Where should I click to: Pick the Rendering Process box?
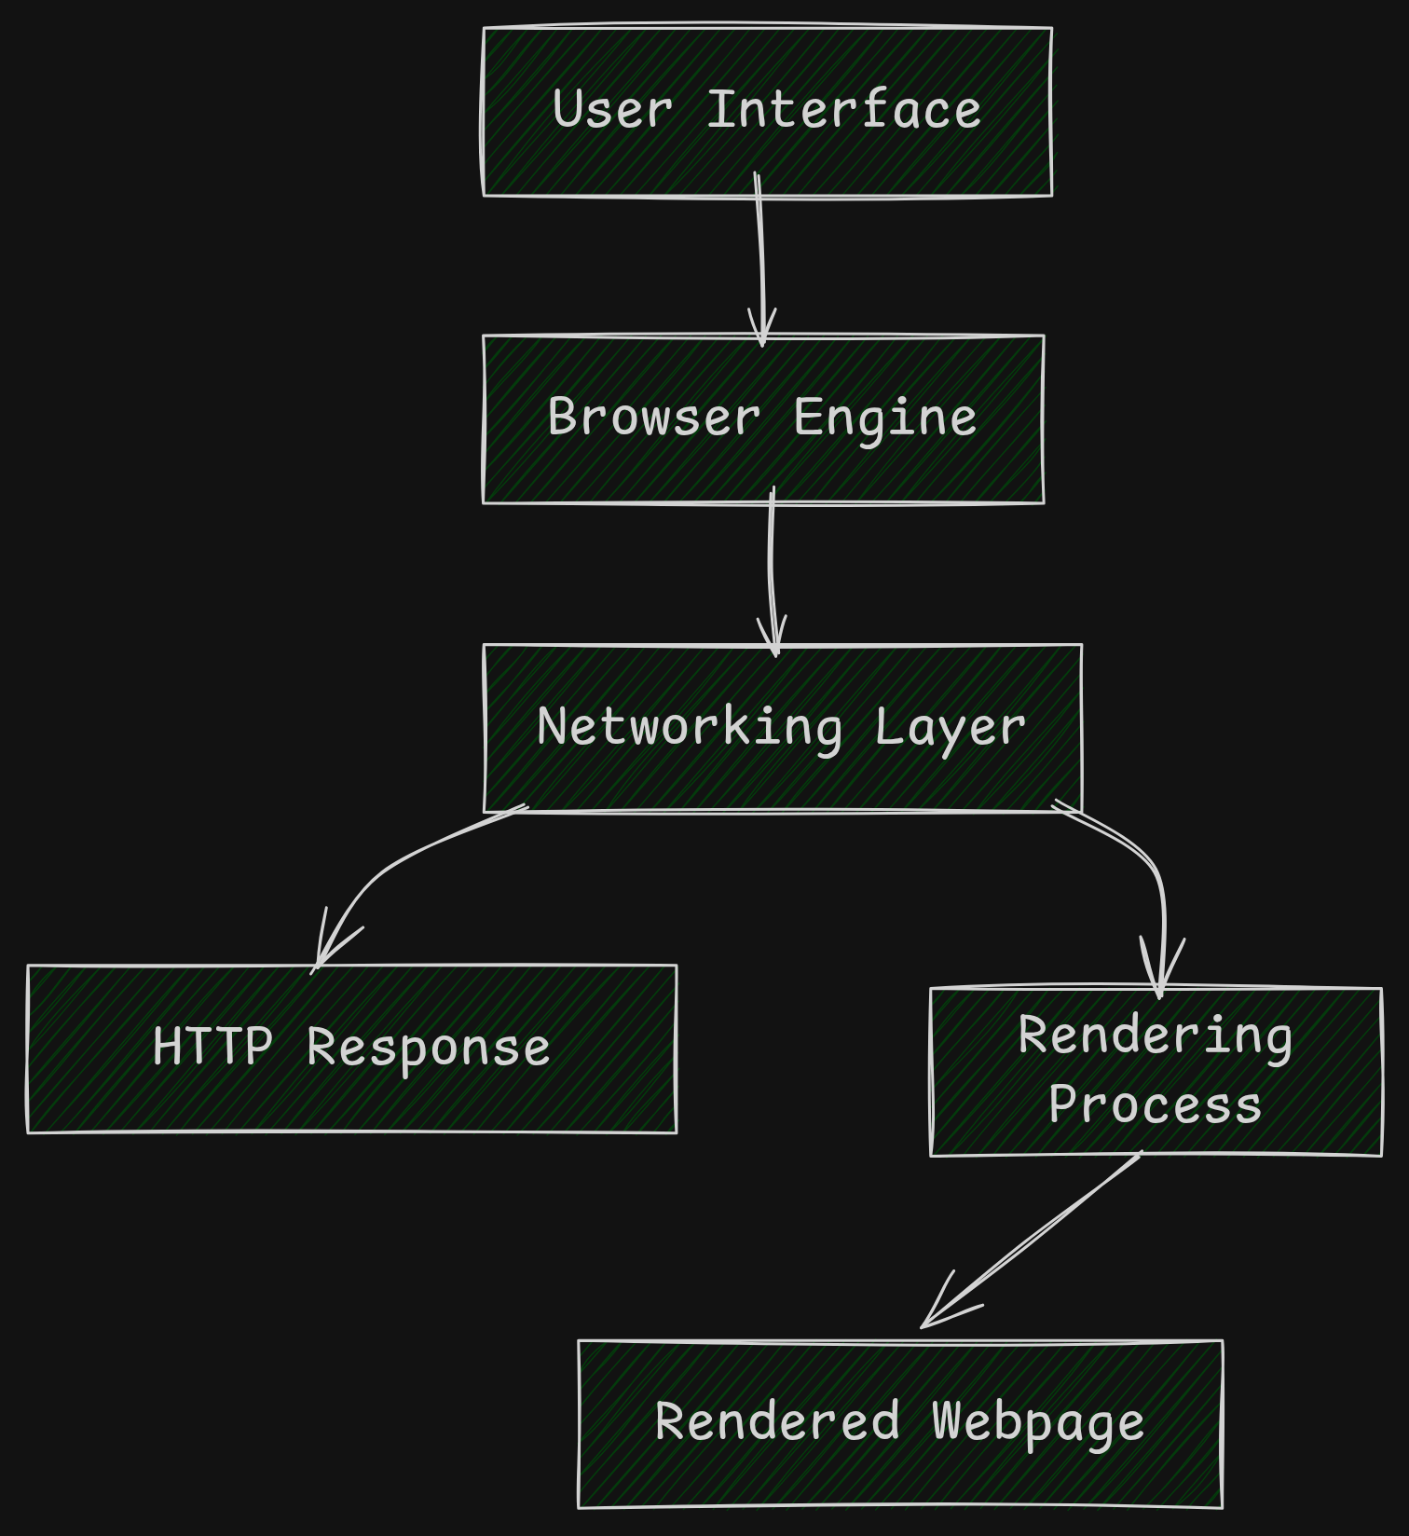click(1156, 1072)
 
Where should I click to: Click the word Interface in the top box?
click(843, 110)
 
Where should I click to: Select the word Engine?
click(884, 418)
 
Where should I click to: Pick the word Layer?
click(950, 728)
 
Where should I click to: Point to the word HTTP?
click(212, 1047)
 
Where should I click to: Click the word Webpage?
click(1037, 1422)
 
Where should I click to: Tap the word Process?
click(1155, 1105)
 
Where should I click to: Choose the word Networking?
click(690, 728)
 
